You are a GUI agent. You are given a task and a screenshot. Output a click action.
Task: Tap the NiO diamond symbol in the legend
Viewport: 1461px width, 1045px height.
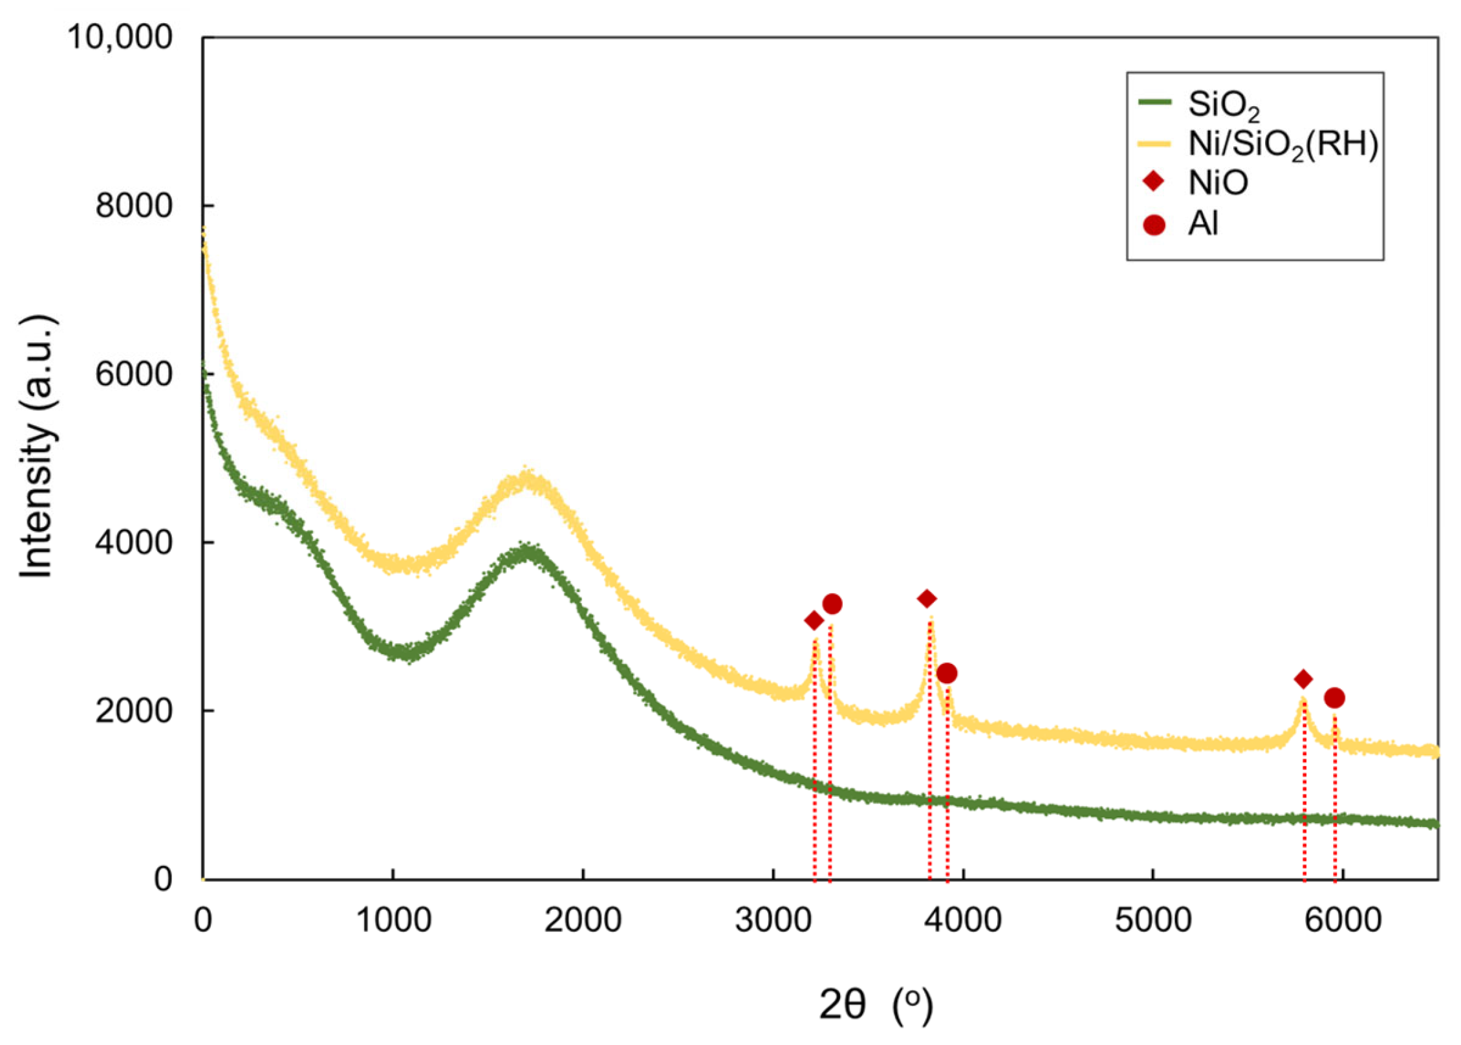coord(1154,182)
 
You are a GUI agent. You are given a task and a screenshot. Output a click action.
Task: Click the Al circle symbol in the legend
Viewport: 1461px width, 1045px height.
coord(1154,225)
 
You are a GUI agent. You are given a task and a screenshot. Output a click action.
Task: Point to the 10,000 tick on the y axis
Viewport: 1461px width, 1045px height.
coord(120,38)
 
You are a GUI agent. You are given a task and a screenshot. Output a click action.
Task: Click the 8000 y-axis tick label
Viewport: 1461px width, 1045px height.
coord(134,206)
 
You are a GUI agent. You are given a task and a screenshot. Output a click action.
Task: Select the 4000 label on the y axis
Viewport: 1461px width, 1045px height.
coord(134,542)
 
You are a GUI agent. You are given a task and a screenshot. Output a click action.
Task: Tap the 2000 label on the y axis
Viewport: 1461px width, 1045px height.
coord(134,710)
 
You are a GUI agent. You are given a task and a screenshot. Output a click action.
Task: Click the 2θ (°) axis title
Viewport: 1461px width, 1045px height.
coord(876,1005)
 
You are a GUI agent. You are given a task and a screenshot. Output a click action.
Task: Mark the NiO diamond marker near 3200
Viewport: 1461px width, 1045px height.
coord(814,621)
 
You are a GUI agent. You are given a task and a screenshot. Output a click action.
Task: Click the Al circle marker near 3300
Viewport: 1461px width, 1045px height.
coord(832,604)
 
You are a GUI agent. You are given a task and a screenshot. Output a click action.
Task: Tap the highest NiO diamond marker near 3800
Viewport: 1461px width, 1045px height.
coord(927,599)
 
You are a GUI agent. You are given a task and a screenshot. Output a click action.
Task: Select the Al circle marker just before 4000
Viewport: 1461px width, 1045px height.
coord(947,674)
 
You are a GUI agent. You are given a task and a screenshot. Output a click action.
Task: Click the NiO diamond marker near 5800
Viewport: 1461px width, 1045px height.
coord(1303,679)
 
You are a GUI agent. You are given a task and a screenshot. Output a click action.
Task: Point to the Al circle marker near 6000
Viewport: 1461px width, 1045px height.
coord(1334,698)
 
